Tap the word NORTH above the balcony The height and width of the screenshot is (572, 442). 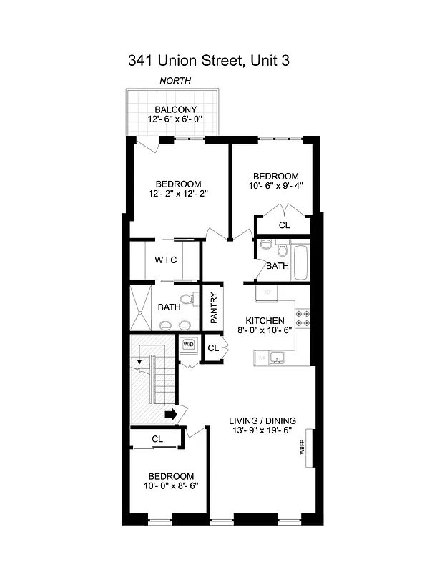175,82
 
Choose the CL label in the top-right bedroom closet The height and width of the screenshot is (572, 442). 284,225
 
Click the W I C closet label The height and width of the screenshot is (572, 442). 166,260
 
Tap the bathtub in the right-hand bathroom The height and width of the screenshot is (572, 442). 300,263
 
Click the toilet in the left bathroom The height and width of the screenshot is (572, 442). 188,300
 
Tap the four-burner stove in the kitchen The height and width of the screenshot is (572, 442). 303,319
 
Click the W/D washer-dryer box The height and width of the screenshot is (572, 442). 189,345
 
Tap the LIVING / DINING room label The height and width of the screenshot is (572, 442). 262,420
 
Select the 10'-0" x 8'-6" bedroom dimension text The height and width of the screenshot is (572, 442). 171,485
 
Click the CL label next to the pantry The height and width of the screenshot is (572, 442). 212,348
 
